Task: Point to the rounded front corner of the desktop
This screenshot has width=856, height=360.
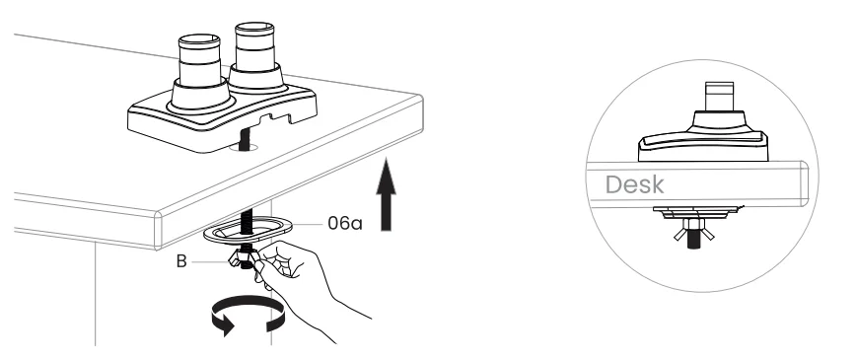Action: [x=163, y=233]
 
